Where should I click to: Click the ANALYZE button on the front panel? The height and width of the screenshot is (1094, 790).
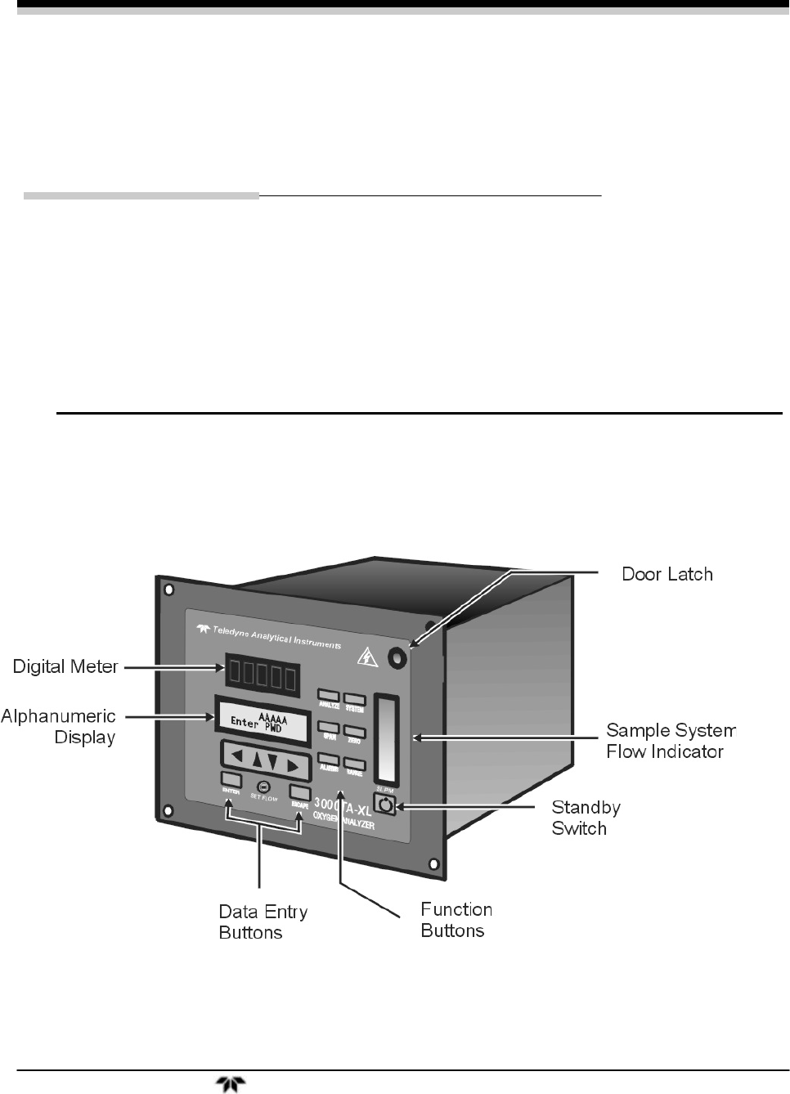coord(329,699)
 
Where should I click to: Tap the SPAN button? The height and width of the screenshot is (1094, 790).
coord(328,728)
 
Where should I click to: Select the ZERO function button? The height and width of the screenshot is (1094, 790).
coord(354,730)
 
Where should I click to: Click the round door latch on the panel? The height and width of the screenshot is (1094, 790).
coord(397,657)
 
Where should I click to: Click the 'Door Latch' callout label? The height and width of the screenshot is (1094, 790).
coord(667,574)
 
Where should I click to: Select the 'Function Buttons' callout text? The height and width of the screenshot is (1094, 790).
coord(456,920)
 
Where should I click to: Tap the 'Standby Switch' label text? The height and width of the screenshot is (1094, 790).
coord(586,818)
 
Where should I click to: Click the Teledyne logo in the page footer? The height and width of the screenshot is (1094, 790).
coord(226,1085)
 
